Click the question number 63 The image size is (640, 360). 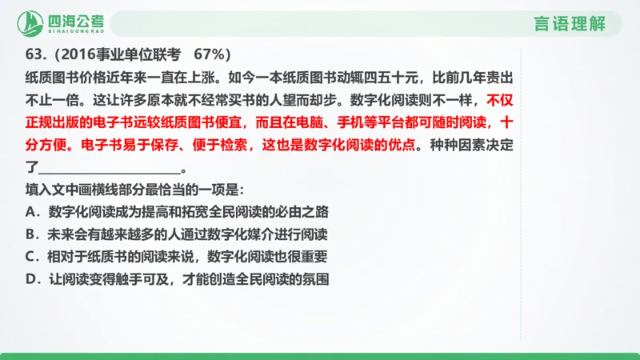pyautogui.click(x=34, y=54)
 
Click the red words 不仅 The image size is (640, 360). pyautogui.click(x=499, y=101)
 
